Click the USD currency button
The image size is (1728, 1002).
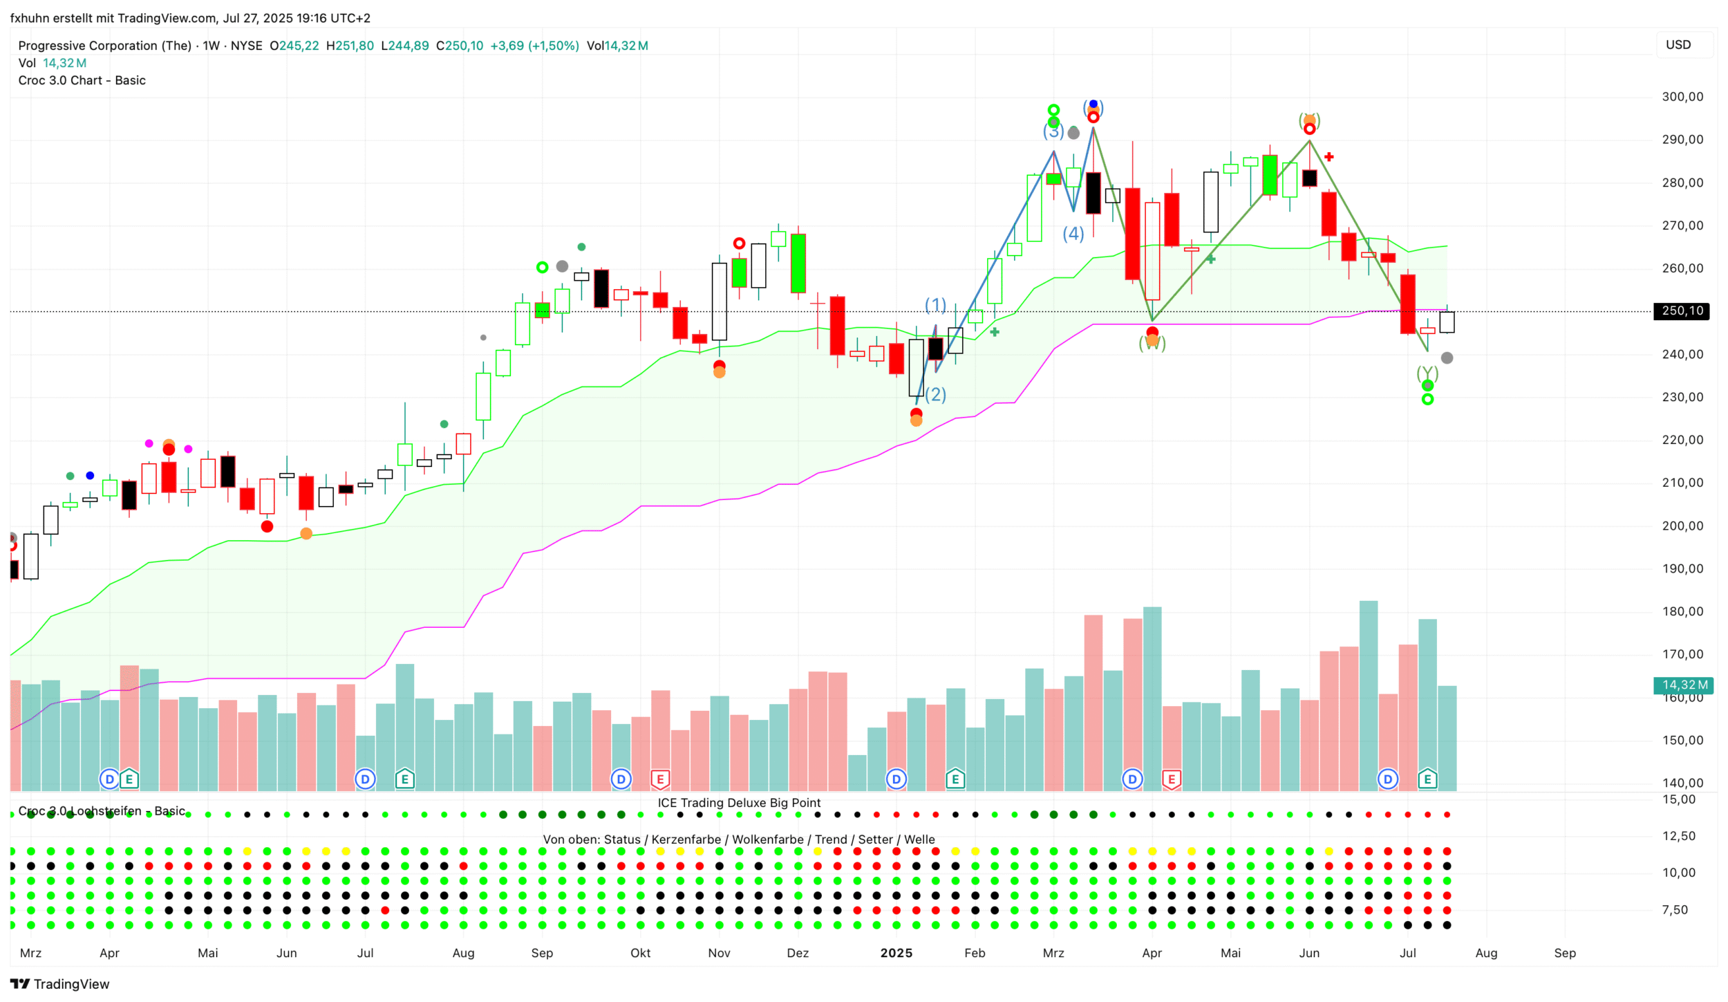1678,45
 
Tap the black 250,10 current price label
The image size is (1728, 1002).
1681,311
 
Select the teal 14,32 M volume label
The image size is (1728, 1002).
1684,685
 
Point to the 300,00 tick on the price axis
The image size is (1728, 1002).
1682,97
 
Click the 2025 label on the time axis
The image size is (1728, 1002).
896,954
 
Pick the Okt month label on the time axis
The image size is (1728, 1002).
640,954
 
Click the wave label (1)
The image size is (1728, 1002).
935,305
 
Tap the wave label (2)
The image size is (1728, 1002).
935,394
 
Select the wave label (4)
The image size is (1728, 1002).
1073,234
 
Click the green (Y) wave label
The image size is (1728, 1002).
1427,374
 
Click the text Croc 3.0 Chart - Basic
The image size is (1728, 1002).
82,80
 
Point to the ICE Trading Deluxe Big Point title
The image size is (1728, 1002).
739,803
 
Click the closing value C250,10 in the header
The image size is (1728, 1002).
460,46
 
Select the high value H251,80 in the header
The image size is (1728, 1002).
350,46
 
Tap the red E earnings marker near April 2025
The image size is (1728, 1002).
1172,780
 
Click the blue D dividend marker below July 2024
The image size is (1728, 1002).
365,780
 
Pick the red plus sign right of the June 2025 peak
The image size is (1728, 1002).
1328,157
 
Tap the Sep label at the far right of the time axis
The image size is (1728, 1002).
1565,954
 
